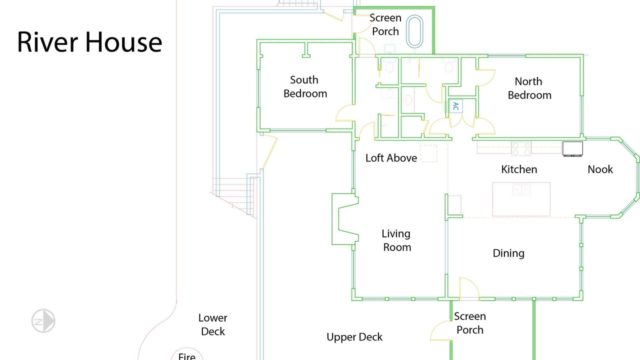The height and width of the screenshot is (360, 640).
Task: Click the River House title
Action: (x=89, y=42)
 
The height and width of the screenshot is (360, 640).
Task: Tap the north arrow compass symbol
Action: (x=43, y=321)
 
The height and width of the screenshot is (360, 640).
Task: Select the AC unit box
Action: (x=455, y=106)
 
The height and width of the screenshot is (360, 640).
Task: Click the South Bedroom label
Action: (x=305, y=86)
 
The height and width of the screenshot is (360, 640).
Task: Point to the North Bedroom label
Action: (x=529, y=88)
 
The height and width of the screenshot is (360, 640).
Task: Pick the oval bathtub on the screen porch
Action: (x=414, y=31)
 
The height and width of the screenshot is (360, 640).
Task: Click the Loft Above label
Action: (x=391, y=158)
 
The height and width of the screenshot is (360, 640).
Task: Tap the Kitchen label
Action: (x=519, y=169)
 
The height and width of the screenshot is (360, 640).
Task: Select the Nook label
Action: (x=600, y=169)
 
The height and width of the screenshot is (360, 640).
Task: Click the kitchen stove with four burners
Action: (x=521, y=149)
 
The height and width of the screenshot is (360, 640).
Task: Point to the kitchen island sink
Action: (x=521, y=190)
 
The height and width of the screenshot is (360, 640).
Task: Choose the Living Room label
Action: (x=396, y=240)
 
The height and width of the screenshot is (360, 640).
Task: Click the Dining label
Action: (x=508, y=253)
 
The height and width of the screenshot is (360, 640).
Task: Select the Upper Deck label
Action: (x=354, y=337)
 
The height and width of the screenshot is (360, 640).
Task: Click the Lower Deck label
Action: (x=213, y=324)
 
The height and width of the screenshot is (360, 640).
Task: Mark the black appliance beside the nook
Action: (x=572, y=149)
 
